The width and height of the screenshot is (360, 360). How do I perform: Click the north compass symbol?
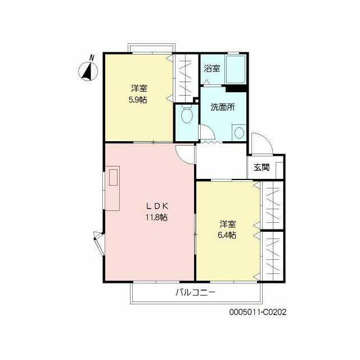tap(88, 71)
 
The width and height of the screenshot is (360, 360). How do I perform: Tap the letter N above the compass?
tap(92, 57)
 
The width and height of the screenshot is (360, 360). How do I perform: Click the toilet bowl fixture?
tap(186, 114)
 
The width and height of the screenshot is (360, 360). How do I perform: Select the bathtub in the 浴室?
tap(236, 69)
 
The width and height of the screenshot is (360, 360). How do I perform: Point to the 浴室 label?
tap(212, 68)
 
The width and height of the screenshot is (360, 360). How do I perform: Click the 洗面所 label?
tap(223, 107)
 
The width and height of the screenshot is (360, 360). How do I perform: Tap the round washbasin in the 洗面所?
tap(239, 133)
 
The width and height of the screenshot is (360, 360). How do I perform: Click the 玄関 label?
tap(262, 167)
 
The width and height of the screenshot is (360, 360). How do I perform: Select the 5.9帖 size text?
tap(138, 100)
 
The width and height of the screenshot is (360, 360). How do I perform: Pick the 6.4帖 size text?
tap(227, 235)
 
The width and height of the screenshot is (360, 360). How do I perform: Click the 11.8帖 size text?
tap(156, 217)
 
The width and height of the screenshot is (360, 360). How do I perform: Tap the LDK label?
tap(157, 206)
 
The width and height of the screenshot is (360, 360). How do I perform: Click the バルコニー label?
tap(196, 292)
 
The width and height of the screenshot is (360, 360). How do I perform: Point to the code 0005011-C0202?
tap(258, 312)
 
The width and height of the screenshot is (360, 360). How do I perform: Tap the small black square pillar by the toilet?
tap(196, 100)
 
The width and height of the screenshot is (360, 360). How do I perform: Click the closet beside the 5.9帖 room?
tap(186, 78)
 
